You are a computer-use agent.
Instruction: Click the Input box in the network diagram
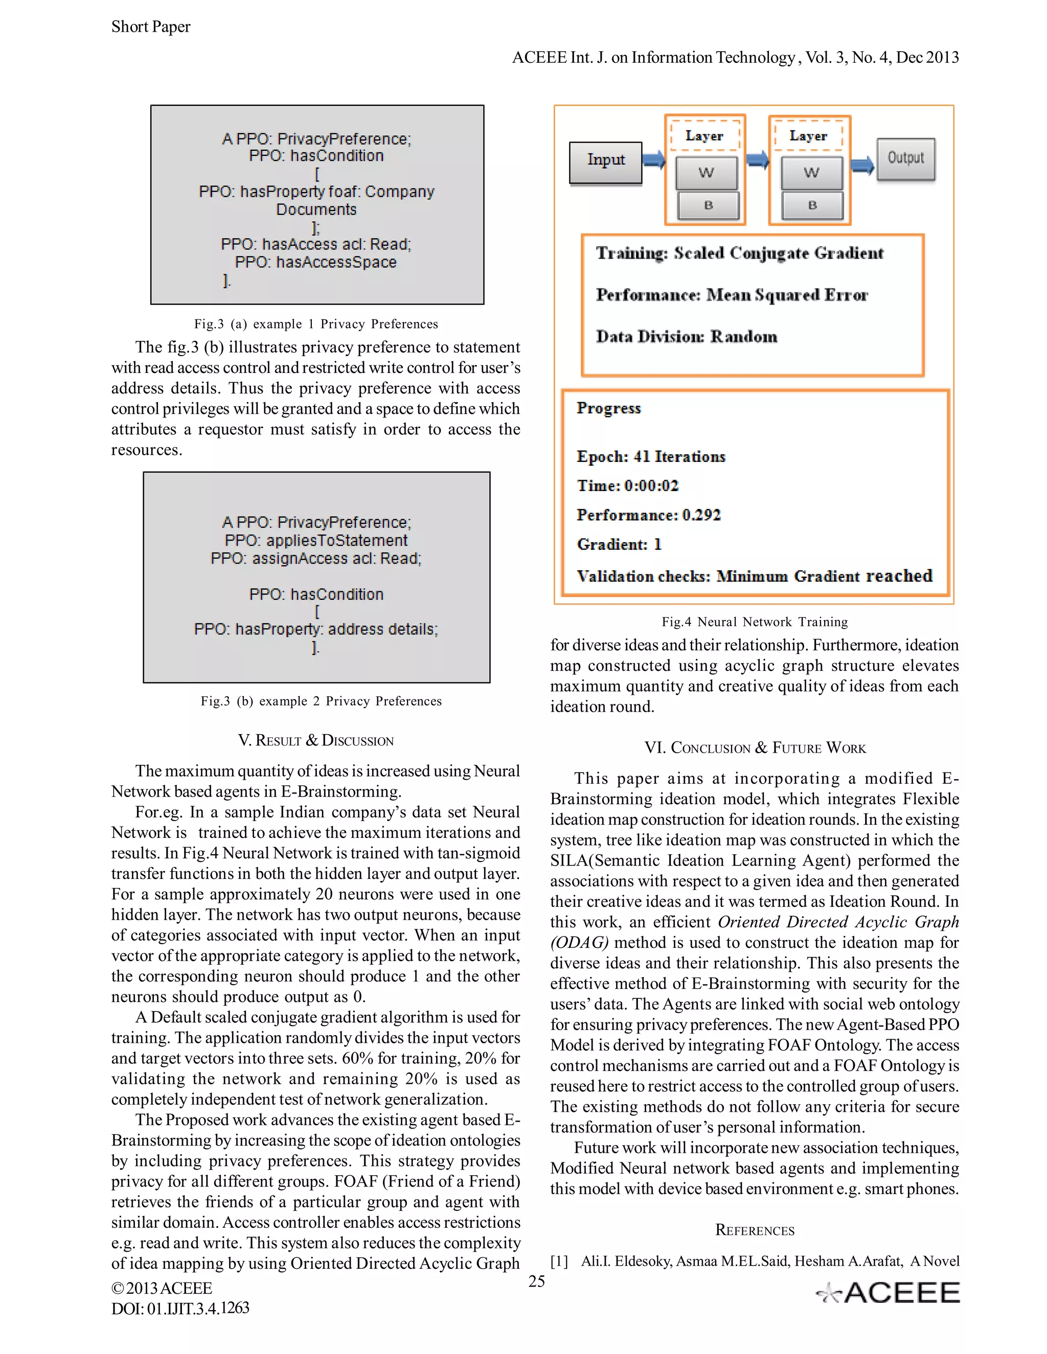click(605, 162)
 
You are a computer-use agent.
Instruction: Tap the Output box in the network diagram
click(905, 159)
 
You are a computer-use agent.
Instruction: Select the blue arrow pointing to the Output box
click(862, 165)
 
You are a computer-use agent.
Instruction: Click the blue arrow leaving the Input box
click(653, 160)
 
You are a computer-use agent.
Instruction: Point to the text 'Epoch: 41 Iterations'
click(651, 457)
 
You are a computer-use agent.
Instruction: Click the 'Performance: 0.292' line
click(648, 515)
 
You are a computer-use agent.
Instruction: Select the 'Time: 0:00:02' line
click(628, 486)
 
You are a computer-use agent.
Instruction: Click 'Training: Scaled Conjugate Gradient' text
click(739, 253)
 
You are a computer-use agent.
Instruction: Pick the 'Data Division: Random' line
click(686, 337)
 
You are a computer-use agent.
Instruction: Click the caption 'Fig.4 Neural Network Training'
click(754, 622)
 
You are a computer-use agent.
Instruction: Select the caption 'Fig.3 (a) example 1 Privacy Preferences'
click(316, 324)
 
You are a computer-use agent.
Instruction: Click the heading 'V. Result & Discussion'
click(316, 741)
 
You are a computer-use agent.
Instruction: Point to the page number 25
click(536, 1281)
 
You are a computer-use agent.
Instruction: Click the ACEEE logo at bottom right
click(888, 1293)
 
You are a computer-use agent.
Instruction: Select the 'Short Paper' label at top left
click(151, 27)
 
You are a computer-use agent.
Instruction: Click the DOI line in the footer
click(180, 1309)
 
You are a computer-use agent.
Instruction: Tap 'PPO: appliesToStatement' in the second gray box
click(316, 541)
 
